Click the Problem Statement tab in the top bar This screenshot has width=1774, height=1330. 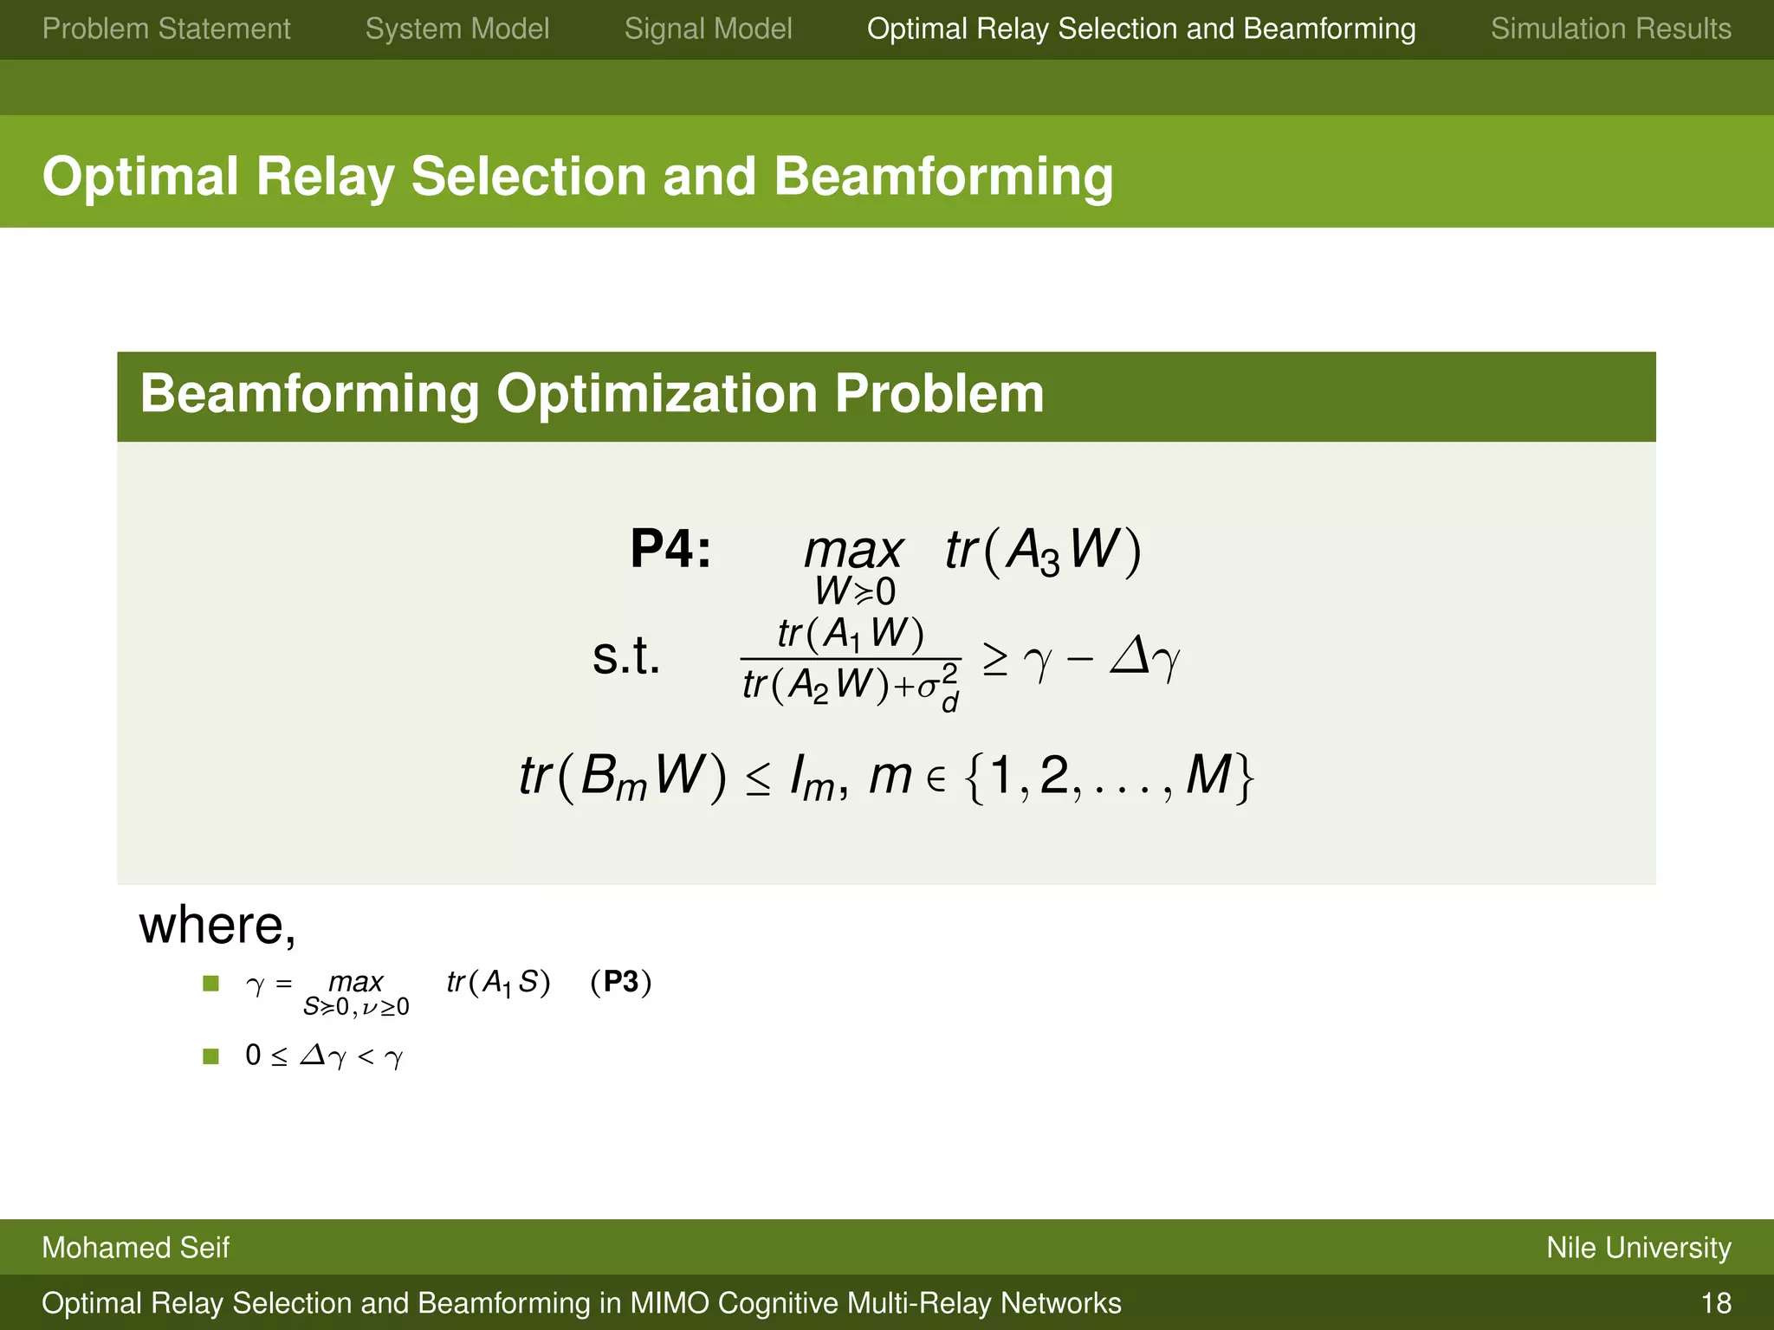point(165,29)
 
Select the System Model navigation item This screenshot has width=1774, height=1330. point(456,29)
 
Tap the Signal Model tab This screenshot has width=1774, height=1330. point(708,29)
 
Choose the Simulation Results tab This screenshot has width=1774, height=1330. point(1610,29)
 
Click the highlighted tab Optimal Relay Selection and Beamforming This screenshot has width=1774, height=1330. point(1141,29)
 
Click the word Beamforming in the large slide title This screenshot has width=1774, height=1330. point(942,176)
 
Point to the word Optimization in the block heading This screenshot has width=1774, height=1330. point(656,394)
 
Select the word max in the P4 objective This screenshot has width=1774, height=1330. point(853,550)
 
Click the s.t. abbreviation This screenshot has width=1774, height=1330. point(625,655)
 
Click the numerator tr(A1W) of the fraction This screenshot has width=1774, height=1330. point(850,634)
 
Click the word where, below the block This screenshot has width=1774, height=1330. point(217,925)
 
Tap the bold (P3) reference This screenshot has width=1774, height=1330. point(620,982)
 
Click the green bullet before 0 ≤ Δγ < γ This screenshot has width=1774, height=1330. point(210,1056)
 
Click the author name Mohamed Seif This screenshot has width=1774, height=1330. point(135,1248)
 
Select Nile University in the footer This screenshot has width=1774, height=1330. point(1638,1248)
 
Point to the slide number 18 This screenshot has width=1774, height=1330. point(1715,1303)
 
